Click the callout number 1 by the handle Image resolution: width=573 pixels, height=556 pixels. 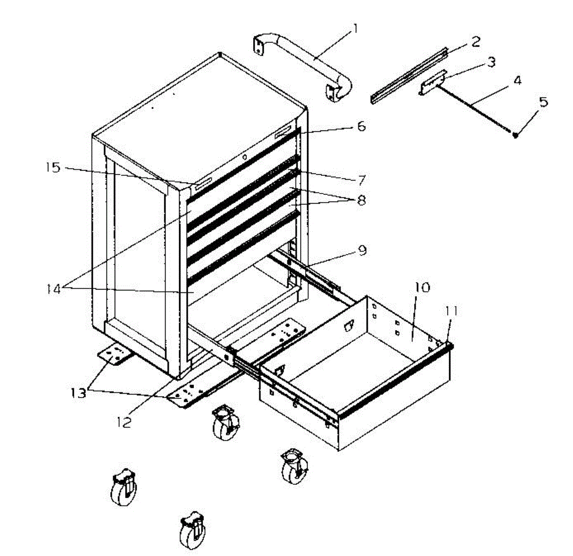pyautogui.click(x=354, y=29)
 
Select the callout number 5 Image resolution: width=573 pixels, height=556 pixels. pyautogui.click(x=543, y=102)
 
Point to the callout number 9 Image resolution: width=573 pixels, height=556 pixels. pyautogui.click(x=362, y=250)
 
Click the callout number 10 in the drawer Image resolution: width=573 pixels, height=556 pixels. pyautogui.click(x=422, y=288)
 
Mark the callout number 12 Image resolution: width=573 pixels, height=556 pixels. pyautogui.click(x=124, y=422)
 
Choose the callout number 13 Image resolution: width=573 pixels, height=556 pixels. pyautogui.click(x=78, y=393)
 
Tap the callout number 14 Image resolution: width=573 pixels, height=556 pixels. pyautogui.click(x=53, y=289)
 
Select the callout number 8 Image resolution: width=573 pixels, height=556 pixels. pyautogui.click(x=361, y=200)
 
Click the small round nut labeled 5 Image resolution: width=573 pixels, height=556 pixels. pyautogui.click(x=516, y=136)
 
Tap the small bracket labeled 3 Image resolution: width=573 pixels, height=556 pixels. pyautogui.click(x=434, y=82)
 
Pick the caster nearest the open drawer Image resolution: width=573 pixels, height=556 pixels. pyautogui.click(x=295, y=466)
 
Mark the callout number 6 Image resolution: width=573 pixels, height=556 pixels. pyautogui.click(x=361, y=127)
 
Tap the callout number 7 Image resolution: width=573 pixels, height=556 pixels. pyautogui.click(x=361, y=180)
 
